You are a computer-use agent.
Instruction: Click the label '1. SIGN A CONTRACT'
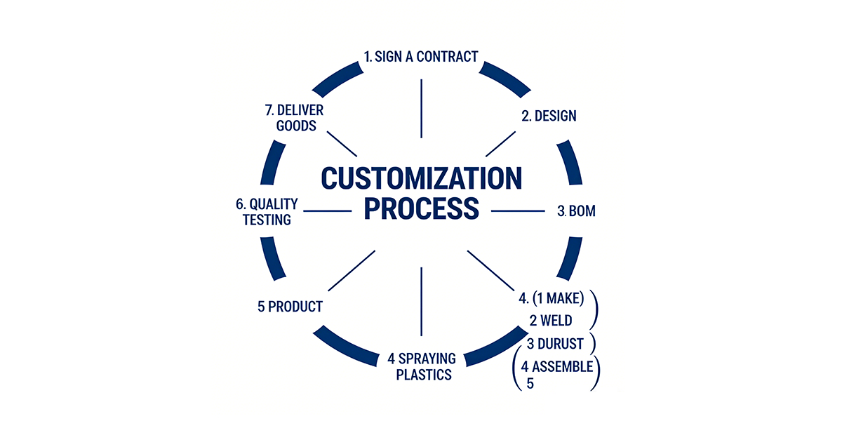(x=421, y=56)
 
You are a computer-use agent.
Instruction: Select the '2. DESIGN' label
(x=549, y=116)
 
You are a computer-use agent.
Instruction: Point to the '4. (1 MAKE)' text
(x=552, y=299)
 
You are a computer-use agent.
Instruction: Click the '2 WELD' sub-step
(x=551, y=321)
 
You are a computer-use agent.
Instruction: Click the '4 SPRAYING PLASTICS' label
(x=421, y=367)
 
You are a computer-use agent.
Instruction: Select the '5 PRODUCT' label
(x=290, y=307)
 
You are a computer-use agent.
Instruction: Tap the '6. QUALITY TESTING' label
(x=267, y=211)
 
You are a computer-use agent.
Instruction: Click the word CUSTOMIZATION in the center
(x=421, y=178)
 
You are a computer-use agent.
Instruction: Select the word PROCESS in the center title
(x=421, y=209)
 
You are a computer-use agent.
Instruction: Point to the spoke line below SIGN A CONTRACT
(x=421, y=108)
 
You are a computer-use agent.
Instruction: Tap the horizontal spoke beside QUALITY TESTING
(x=326, y=210)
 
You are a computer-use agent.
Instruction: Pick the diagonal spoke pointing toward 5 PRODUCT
(x=352, y=270)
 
